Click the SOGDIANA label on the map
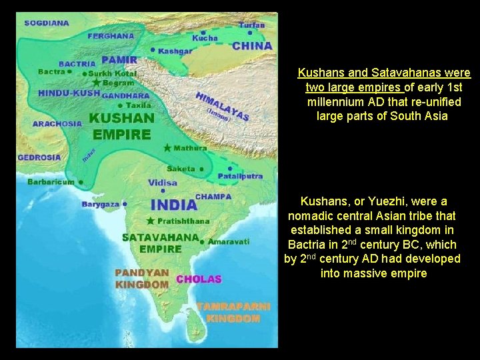[47, 23]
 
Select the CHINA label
[252, 46]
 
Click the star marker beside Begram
[97, 83]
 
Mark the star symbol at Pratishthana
[151, 221]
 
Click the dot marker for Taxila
[120, 105]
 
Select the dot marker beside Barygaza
[125, 204]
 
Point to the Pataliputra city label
[240, 176]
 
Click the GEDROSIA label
[39, 158]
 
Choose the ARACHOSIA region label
[57, 123]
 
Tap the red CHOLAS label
[199, 279]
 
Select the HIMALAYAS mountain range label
[222, 107]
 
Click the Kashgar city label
[176, 51]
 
